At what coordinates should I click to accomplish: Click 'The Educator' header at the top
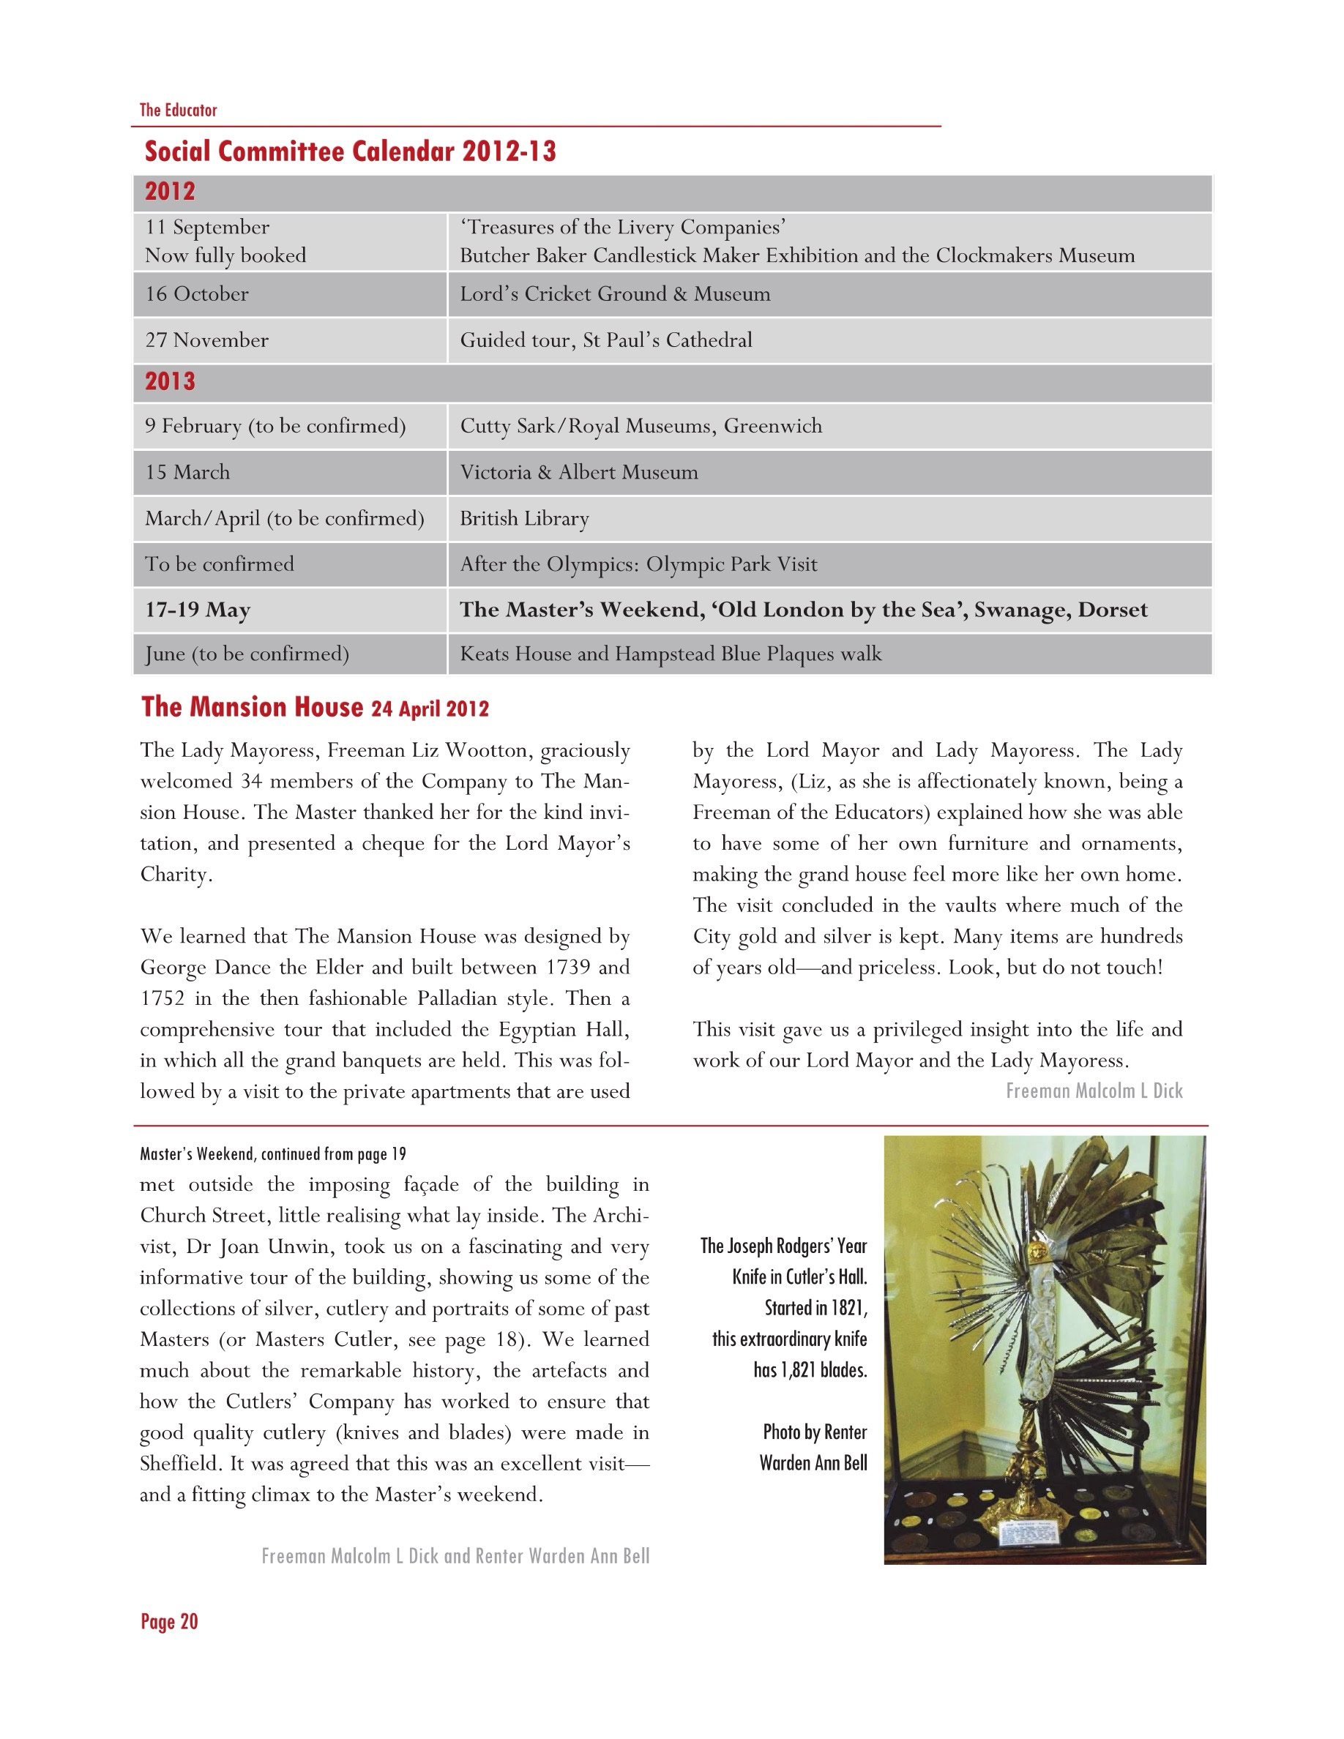pos(178,110)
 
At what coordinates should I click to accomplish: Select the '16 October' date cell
pos(197,293)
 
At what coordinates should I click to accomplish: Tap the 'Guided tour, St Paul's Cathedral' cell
pos(605,340)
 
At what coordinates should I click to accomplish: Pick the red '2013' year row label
pos(170,381)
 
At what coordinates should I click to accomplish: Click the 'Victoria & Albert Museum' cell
pos(578,472)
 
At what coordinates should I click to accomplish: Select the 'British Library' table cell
pos(524,518)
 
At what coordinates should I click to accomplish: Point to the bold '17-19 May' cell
pos(198,610)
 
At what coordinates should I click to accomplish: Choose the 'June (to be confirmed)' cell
pos(247,654)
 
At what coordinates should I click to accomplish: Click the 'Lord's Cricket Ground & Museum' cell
pos(615,293)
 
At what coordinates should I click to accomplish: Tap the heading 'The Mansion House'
pos(252,707)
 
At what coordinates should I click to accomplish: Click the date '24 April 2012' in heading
pos(430,709)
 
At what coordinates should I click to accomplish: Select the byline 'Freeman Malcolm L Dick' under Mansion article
pos(1094,1091)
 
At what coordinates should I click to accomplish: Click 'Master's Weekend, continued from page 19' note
pos(272,1153)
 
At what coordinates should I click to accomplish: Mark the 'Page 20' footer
pos(169,1622)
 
